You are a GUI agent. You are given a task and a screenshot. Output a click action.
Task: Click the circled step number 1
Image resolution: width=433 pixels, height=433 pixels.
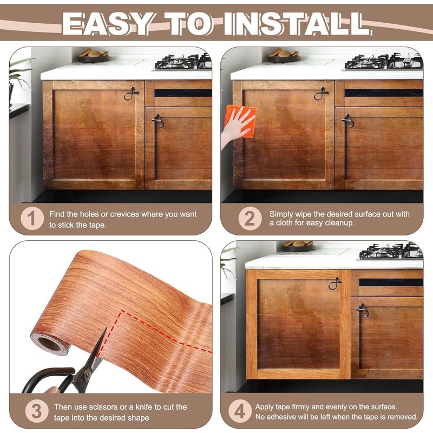click(32, 219)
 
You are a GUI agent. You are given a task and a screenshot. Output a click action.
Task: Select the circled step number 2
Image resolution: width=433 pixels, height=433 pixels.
click(250, 219)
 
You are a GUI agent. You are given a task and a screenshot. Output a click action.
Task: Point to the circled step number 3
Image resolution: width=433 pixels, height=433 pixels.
click(37, 411)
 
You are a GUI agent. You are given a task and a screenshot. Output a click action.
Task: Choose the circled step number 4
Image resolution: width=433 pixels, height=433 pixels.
click(240, 411)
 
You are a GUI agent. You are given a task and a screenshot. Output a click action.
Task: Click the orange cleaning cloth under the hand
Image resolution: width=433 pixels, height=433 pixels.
click(241, 121)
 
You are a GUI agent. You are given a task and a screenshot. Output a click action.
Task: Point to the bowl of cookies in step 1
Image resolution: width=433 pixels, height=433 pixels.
click(93, 56)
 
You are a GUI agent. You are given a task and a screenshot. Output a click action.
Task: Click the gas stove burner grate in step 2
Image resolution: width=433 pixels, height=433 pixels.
click(384, 62)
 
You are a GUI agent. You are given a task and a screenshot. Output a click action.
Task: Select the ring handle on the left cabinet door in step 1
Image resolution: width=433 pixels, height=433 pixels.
click(131, 94)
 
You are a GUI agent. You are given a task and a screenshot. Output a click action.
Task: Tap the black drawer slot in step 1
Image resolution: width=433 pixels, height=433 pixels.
click(183, 93)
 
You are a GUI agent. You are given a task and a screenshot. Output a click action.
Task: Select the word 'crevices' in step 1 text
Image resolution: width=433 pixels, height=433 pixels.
click(124, 214)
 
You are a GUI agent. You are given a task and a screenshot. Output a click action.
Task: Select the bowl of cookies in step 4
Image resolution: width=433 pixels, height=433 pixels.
click(298, 246)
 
